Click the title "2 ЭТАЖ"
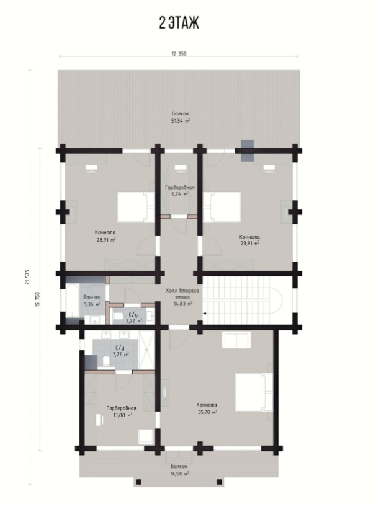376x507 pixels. (x=179, y=23)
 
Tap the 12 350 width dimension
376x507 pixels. (x=179, y=54)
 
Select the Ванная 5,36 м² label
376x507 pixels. (x=92, y=301)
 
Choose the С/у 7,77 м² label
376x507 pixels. (x=120, y=351)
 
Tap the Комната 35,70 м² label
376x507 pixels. (x=207, y=408)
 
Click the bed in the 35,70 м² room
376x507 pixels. (x=254, y=392)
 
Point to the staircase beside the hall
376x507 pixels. (x=243, y=300)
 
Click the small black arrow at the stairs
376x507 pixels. (x=204, y=314)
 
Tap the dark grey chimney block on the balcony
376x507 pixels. (x=248, y=151)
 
